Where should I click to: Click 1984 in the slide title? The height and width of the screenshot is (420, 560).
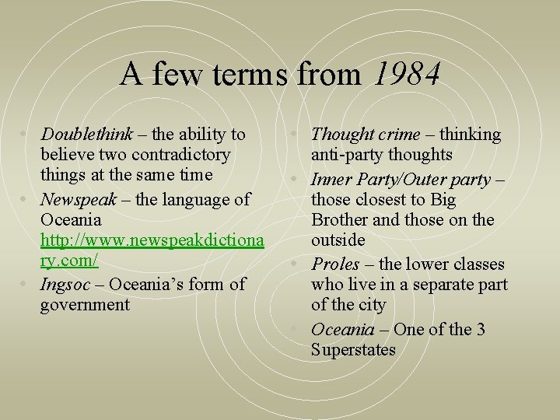point(407,75)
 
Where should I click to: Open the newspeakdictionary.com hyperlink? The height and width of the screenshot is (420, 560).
point(152,242)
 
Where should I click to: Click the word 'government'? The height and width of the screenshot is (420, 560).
point(85,305)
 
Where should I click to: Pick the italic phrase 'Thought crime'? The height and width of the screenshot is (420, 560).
point(365,135)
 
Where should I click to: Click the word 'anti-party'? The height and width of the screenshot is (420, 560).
point(347,155)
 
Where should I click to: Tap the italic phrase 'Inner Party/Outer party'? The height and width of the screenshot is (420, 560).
point(401,180)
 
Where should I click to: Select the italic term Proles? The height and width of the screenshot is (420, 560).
point(335,264)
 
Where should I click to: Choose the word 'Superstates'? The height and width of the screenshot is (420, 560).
point(353,350)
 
